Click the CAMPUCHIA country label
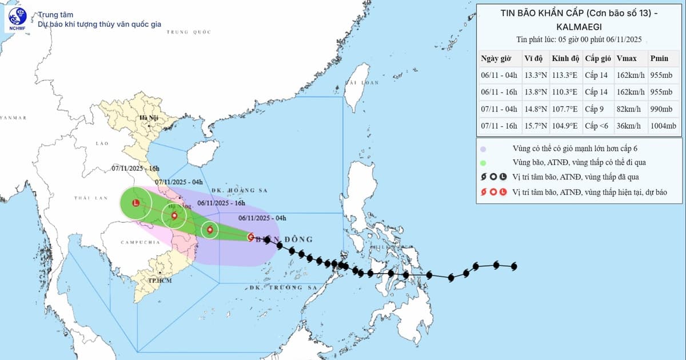click(x=140, y=242)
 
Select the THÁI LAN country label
click(x=91, y=198)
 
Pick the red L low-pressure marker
click(x=136, y=203)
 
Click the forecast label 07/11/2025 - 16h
click(x=135, y=169)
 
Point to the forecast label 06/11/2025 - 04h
click(x=262, y=218)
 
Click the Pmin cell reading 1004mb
click(x=663, y=126)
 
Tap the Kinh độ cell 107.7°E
click(x=565, y=109)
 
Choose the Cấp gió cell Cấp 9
click(x=596, y=109)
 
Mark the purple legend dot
click(x=483, y=149)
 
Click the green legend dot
click(x=483, y=163)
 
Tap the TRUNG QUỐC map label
click(x=189, y=32)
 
